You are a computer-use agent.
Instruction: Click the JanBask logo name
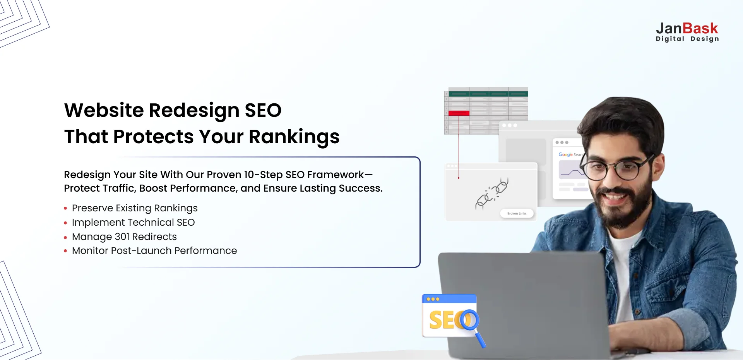687,29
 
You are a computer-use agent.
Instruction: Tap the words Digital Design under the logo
687,39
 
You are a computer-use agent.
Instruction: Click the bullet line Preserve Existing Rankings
135,208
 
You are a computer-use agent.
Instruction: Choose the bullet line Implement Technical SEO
133,223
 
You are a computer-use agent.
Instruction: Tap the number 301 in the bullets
122,237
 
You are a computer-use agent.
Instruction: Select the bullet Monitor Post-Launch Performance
154,251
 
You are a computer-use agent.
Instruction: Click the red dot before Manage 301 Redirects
65,237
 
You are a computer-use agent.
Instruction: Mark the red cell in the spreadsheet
459,113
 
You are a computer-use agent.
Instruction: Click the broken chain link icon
492,194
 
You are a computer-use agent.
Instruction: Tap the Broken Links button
517,213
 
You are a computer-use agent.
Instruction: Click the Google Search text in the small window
570,154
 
